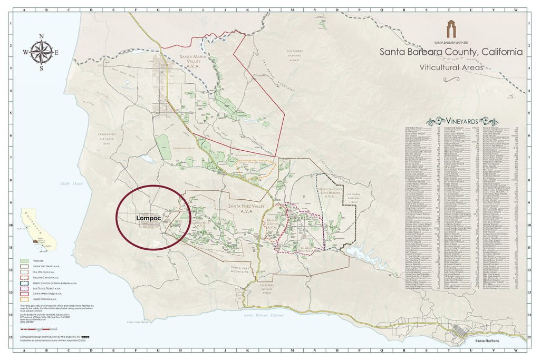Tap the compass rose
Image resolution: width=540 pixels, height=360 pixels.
pyautogui.click(x=41, y=52)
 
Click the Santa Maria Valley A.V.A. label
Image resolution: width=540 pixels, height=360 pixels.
pyautogui.click(x=195, y=59)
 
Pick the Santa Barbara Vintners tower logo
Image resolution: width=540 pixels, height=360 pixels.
pyautogui.click(x=451, y=29)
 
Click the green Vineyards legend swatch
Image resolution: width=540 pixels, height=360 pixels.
pyautogui.click(x=24, y=261)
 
